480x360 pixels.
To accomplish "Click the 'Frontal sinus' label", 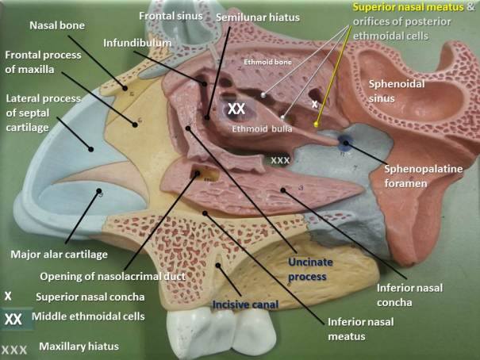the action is coord(171,16).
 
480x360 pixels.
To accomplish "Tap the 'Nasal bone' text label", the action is coord(57,25).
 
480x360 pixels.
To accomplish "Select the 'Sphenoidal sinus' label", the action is coord(397,91).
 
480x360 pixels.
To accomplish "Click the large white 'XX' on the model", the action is coord(236,109).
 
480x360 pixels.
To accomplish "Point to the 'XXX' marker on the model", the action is coord(280,160).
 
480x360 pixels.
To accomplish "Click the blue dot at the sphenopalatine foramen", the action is coord(346,143).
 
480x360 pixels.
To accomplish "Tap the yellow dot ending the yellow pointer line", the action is coord(317,124).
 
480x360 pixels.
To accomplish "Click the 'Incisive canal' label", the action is coord(245,304).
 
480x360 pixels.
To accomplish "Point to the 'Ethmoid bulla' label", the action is coord(262,128).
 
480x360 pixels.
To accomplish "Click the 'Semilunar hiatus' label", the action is coord(258,17).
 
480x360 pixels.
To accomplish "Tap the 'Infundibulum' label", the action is coord(137,43).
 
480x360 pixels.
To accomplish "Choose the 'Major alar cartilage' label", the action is coord(59,255).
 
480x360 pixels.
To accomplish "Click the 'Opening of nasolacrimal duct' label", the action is coord(113,277).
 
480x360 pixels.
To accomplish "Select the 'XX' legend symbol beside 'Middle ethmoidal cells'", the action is coord(13,320).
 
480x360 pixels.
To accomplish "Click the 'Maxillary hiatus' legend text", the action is coord(79,347).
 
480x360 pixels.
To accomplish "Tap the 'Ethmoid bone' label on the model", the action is coord(268,62).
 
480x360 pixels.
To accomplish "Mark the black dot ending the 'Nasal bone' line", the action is coord(125,88).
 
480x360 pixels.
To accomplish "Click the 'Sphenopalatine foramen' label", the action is coord(424,176).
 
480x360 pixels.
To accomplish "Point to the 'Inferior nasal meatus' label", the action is coord(361,329).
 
